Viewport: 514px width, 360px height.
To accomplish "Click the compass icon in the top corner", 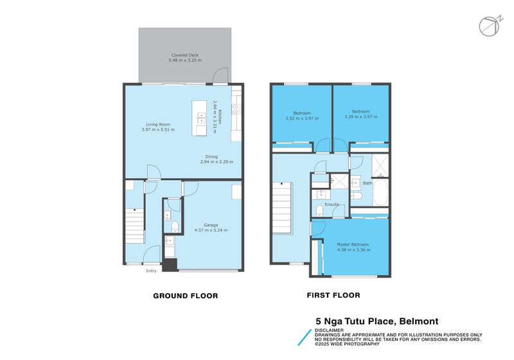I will point(487,25).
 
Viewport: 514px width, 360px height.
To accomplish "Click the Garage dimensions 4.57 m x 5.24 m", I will point(211,230).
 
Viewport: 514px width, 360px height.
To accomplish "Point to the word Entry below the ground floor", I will point(151,271).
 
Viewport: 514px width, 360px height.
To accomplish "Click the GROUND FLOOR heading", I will point(185,296).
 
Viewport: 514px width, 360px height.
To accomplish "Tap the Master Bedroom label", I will point(353,244).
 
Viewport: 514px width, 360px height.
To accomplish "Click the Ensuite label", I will point(332,204).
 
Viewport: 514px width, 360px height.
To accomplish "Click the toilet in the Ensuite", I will point(319,211).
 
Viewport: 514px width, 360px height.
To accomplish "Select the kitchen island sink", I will point(201,118).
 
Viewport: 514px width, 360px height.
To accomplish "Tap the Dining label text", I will point(211,156).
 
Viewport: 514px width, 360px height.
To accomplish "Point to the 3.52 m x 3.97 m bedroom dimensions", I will point(301,118).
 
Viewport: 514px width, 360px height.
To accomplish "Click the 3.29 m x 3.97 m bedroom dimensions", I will point(362,118).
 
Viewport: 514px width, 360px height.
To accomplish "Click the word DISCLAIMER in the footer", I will point(329,330).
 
